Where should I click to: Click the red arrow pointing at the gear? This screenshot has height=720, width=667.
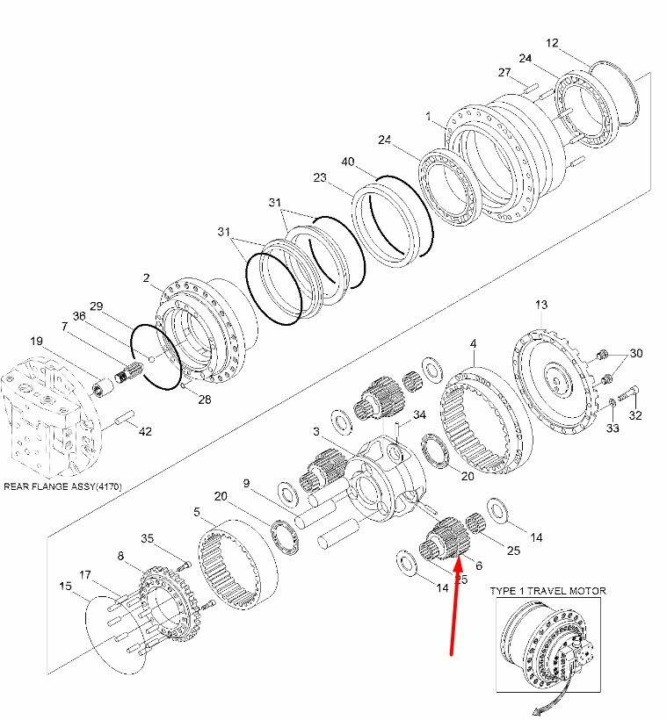[455, 604]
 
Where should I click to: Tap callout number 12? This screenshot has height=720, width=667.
[552, 43]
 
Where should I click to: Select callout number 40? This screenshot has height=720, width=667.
[348, 162]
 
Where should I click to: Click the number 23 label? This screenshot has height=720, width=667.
[320, 177]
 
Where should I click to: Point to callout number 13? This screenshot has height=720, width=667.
[541, 305]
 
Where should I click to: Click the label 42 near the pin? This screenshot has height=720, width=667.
[145, 431]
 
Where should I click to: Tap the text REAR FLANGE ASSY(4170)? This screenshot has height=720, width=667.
[63, 486]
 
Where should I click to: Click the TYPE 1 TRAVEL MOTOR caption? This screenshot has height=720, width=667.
[548, 591]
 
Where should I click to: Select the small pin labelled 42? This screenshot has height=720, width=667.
[124, 417]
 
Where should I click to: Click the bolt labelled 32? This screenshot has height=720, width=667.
[629, 392]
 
